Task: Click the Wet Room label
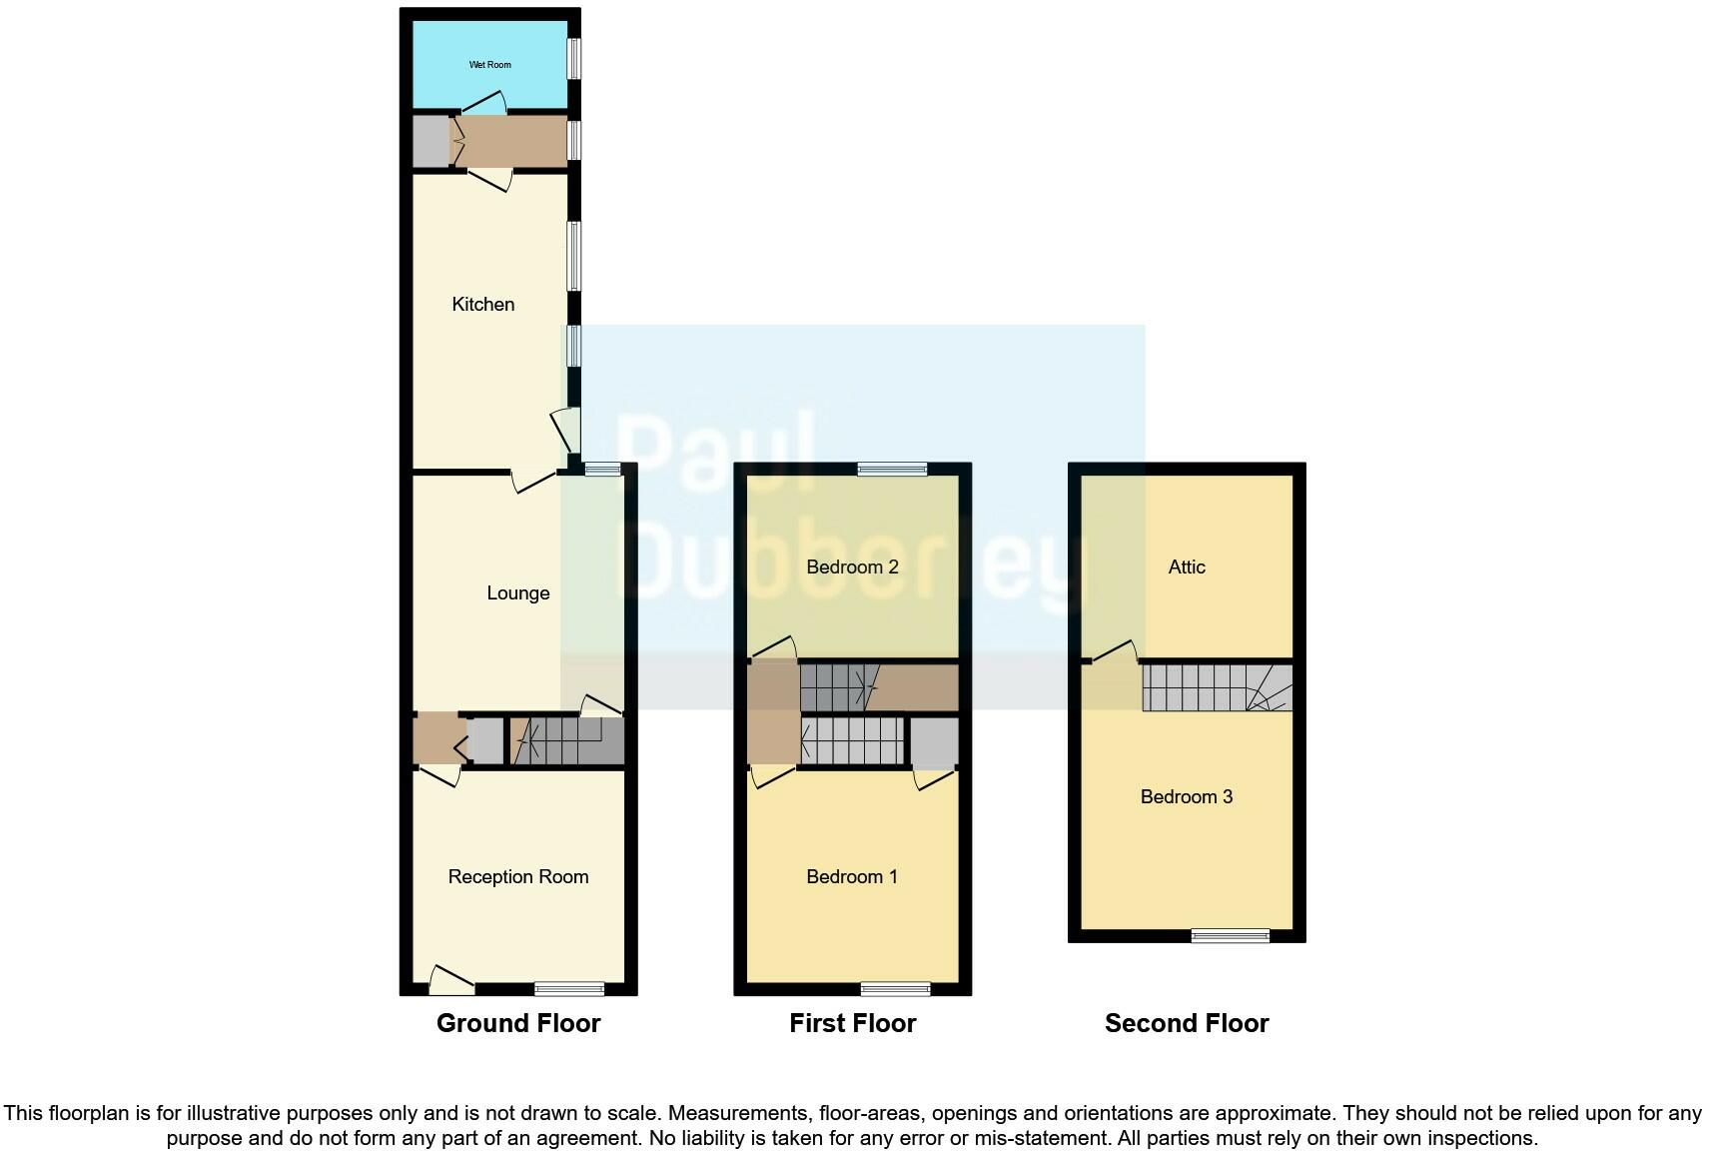pyautogui.click(x=489, y=65)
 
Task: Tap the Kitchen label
pyautogui.click(x=482, y=304)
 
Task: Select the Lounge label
pyautogui.click(x=517, y=592)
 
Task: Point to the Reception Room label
pyautogui.click(x=517, y=876)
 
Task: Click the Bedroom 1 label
pyautogui.click(x=851, y=876)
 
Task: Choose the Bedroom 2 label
pyautogui.click(x=852, y=567)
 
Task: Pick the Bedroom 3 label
pyautogui.click(x=1186, y=796)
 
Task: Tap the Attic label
pyautogui.click(x=1186, y=567)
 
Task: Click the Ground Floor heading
pyautogui.click(x=517, y=1023)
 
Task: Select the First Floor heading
pyautogui.click(x=852, y=1023)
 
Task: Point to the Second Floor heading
pyautogui.click(x=1186, y=1023)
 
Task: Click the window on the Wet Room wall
pyautogui.click(x=574, y=58)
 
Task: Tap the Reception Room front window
pyautogui.click(x=569, y=989)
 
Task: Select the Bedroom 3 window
pyautogui.click(x=1230, y=936)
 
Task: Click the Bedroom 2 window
pyautogui.click(x=892, y=469)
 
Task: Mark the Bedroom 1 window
pyautogui.click(x=895, y=989)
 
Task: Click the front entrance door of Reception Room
pyautogui.click(x=451, y=980)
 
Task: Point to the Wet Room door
pyautogui.click(x=487, y=102)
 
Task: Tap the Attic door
pyautogui.click(x=1115, y=652)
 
